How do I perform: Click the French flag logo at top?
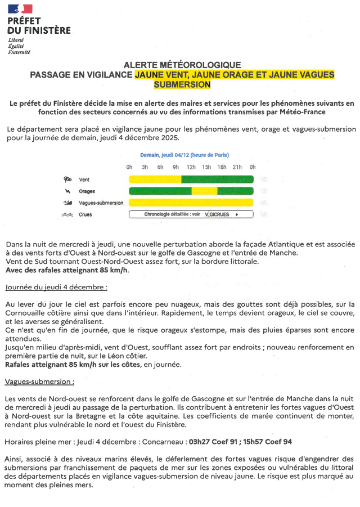[20, 8]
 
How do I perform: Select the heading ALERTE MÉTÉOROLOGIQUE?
[182, 65]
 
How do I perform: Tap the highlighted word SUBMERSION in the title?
[182, 84]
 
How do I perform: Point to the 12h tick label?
[191, 167]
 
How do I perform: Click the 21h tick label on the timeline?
[237, 167]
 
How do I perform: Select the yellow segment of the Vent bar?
[155, 180]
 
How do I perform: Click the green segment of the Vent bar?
[217, 180]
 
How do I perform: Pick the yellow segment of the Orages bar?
[204, 191]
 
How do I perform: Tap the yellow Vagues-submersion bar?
[191, 203]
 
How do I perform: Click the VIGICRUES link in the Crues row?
[218, 214]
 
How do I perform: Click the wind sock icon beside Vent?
[68, 180]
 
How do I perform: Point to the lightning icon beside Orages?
[68, 191]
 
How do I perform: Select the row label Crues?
[85, 214]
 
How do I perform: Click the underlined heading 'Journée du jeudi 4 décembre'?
[56, 287]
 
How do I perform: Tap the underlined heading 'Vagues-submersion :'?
[39, 382]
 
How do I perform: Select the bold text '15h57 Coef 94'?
[267, 442]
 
